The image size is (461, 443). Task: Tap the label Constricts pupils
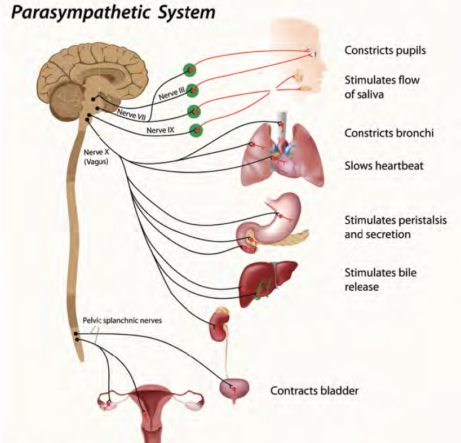[x=385, y=51]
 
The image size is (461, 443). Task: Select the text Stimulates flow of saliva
[x=382, y=87]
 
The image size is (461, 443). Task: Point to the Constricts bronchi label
[x=388, y=134]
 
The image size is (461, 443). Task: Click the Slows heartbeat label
[x=384, y=166]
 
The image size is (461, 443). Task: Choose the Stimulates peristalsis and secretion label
[x=395, y=227]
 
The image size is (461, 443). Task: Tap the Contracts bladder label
[x=314, y=390]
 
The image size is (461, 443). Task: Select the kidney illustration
[x=218, y=326]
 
